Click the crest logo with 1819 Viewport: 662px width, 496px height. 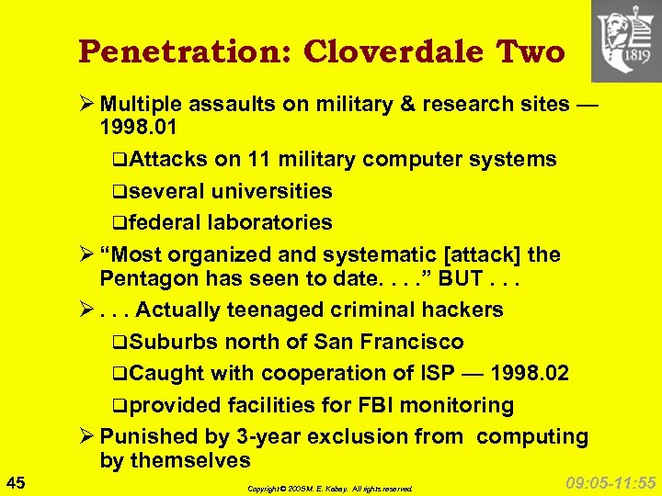pos(625,40)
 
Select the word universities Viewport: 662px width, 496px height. pos(271,191)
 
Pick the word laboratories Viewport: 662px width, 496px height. pos(270,222)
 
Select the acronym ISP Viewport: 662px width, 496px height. pos(428,373)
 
